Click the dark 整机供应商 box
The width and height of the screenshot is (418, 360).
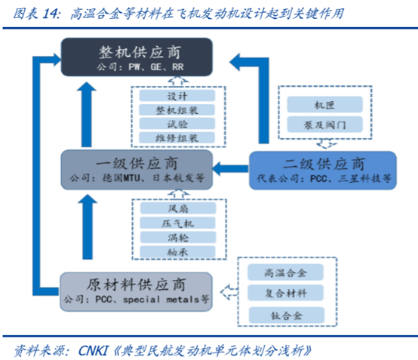click(x=137, y=57)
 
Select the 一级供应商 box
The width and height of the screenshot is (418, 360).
click(x=137, y=170)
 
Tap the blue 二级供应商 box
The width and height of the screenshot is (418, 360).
click(x=323, y=171)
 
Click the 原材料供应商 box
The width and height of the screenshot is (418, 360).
click(x=136, y=292)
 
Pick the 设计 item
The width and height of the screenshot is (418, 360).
click(x=177, y=95)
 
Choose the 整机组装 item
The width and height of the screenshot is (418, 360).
click(x=177, y=109)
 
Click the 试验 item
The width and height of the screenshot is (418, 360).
click(x=177, y=124)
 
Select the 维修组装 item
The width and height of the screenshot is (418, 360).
click(x=177, y=138)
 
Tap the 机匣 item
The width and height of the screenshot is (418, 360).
click(x=324, y=105)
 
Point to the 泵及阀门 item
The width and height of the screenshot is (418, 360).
click(x=324, y=125)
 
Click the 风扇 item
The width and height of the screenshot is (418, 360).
click(x=178, y=208)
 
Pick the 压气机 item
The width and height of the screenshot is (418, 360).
click(x=178, y=223)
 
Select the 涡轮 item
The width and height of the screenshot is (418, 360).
click(x=178, y=237)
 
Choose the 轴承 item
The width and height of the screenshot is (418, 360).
click(x=178, y=252)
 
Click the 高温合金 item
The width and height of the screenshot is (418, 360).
click(x=285, y=272)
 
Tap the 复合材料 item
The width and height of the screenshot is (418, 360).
click(x=285, y=293)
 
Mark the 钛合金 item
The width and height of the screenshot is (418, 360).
click(x=287, y=315)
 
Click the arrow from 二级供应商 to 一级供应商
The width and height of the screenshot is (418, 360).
click(x=230, y=168)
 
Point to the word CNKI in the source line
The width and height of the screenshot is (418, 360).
click(x=94, y=350)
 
